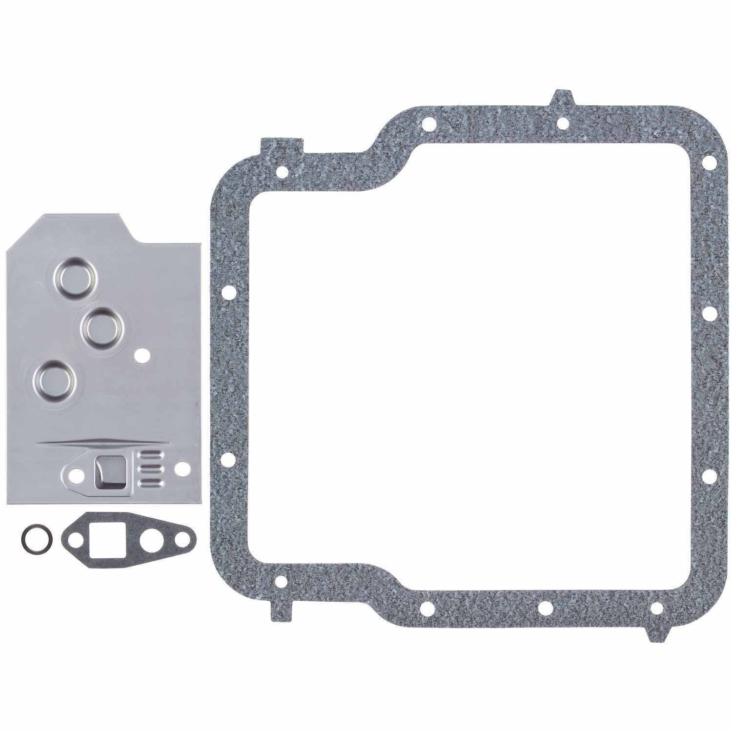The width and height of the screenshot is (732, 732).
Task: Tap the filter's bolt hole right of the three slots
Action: [x=183, y=468]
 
